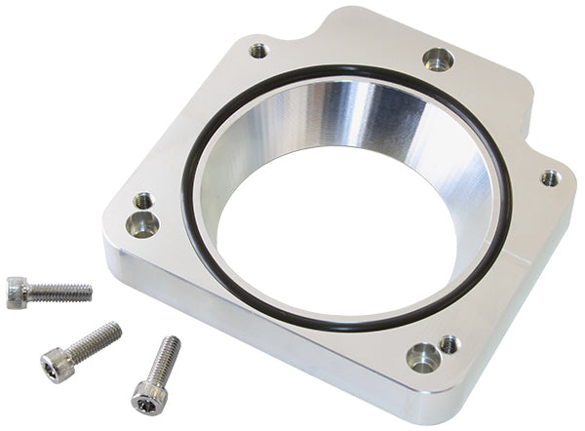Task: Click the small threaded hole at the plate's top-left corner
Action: click(x=258, y=50)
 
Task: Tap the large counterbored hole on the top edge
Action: click(x=438, y=59)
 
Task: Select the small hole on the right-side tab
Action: click(x=550, y=177)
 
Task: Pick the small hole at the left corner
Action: click(x=143, y=201)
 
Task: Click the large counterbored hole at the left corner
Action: click(x=143, y=225)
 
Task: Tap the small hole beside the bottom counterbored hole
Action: click(x=448, y=343)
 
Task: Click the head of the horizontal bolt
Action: click(x=17, y=292)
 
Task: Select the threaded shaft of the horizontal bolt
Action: click(x=58, y=291)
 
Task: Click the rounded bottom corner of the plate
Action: click(x=429, y=400)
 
